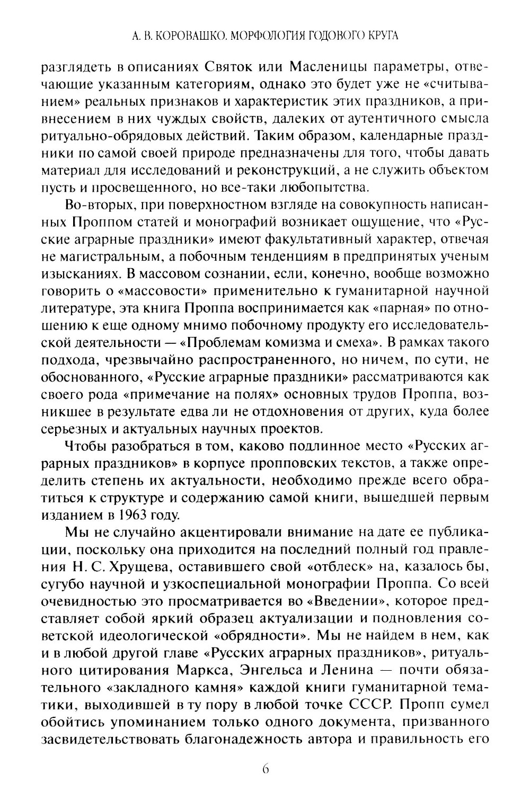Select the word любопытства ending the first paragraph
pyautogui.click(x=327, y=187)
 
